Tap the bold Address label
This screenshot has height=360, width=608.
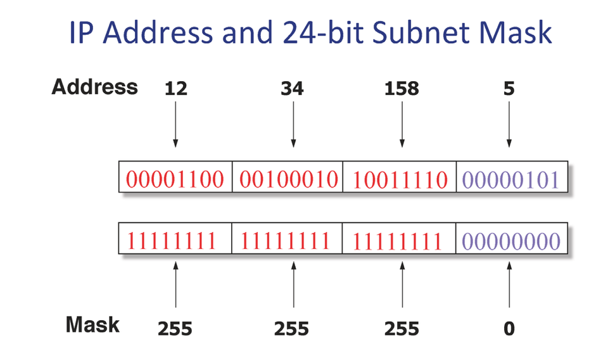(x=94, y=87)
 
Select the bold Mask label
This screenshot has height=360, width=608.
(x=92, y=325)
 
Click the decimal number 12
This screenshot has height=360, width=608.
(x=175, y=89)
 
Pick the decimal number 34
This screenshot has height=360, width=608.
(x=292, y=89)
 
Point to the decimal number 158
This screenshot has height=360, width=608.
(x=402, y=89)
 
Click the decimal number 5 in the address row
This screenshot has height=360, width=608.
(x=509, y=89)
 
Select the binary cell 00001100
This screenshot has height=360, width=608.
(x=175, y=179)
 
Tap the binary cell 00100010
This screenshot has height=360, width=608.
(x=288, y=179)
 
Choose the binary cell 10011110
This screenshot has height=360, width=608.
(x=400, y=179)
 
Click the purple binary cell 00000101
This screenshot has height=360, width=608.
(x=510, y=179)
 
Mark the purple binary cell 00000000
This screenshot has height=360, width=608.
(x=510, y=241)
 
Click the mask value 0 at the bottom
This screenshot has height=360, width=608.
(x=509, y=329)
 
